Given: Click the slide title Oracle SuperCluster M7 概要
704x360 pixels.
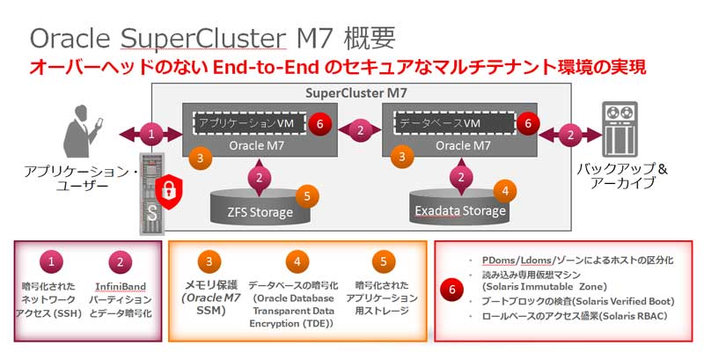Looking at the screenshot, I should pos(212,37).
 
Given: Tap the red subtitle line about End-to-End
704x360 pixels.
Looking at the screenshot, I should pos(339,67).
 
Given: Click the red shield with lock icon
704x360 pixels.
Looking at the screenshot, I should pos(168,191).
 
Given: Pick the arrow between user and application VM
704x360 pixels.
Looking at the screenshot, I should pos(152,135).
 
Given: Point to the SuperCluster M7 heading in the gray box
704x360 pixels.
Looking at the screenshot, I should pos(356,92).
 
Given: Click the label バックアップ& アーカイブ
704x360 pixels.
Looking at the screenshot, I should pos(616,175).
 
